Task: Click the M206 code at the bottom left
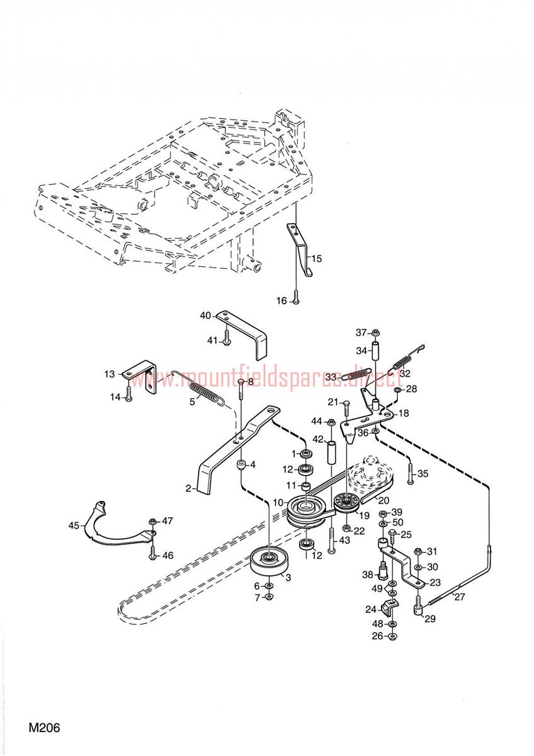(43, 728)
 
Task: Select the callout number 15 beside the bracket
(317, 258)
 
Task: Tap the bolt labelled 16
(297, 301)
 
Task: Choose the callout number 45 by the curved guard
(74, 524)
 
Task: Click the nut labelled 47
(152, 522)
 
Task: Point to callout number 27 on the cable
(460, 597)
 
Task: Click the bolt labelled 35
(410, 474)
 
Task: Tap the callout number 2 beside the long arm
(188, 487)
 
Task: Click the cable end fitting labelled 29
(417, 609)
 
